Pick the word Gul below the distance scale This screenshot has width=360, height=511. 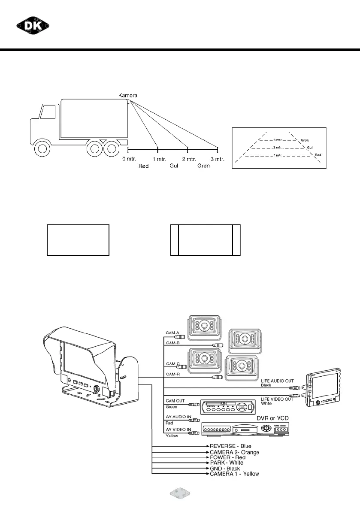click(174, 166)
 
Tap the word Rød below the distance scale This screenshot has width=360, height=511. click(143, 166)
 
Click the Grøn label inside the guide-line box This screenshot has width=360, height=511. click(305, 140)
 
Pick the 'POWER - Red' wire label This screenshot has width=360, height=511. click(228, 457)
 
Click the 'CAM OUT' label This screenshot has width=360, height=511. click(175, 401)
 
